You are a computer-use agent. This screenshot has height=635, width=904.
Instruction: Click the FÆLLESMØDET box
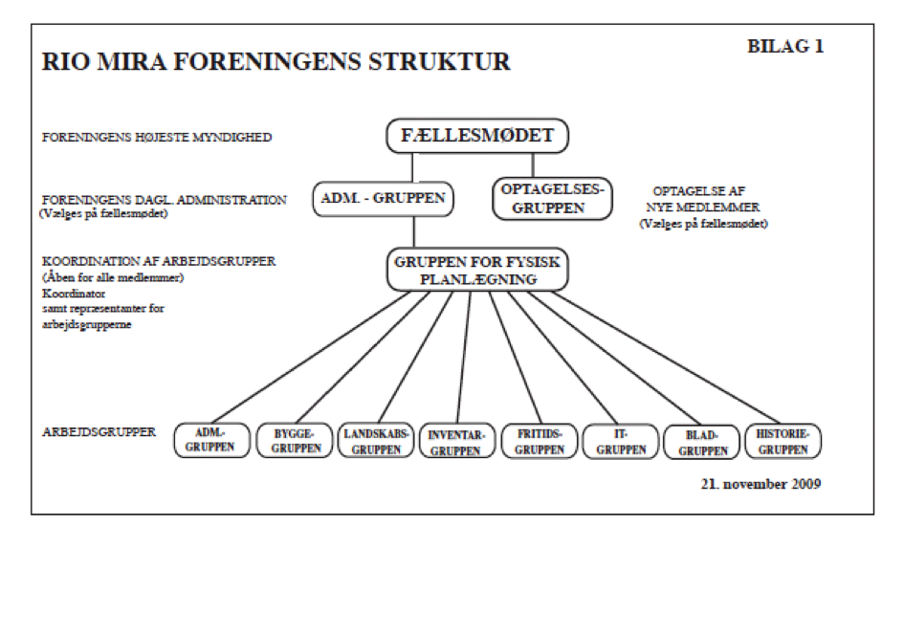477,136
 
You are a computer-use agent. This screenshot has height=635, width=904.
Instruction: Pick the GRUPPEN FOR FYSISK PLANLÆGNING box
477,269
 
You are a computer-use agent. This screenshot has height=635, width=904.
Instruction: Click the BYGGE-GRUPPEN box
294,441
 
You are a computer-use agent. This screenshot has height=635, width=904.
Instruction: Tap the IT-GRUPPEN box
620,441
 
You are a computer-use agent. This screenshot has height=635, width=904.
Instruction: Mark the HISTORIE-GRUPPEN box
782,441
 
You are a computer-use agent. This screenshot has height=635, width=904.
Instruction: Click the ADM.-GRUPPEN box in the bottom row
211,441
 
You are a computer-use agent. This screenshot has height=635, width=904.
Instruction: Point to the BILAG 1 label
783,47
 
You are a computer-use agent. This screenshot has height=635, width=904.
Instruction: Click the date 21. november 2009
760,483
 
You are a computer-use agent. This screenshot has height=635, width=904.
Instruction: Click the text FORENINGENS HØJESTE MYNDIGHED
157,137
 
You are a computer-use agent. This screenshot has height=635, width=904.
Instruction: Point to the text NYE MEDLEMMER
706,208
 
